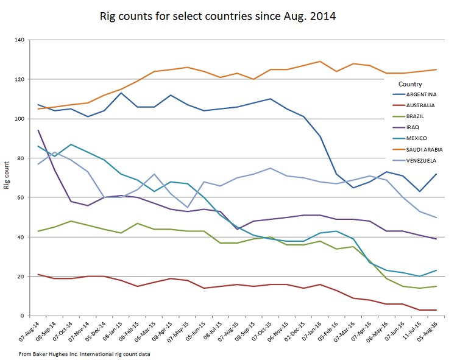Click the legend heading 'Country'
(410, 83)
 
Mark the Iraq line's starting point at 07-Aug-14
(38, 130)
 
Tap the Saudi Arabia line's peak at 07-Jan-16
(320, 62)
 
